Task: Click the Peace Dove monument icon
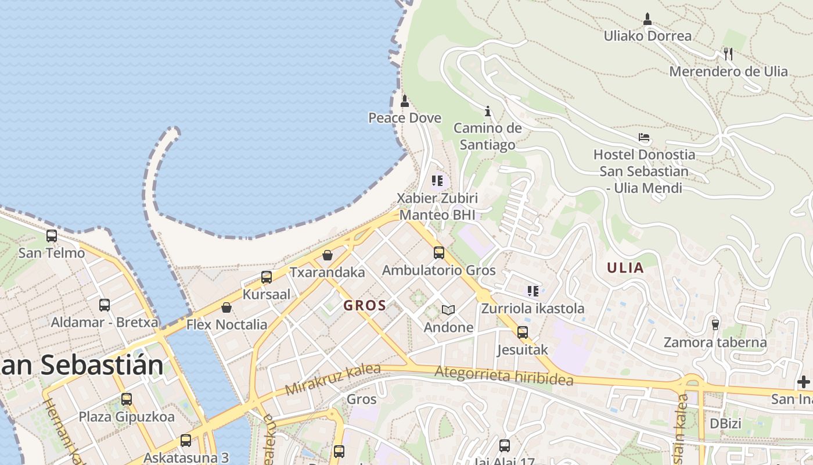[405, 101]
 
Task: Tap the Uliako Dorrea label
[647, 36]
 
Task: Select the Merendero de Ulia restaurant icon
[728, 54]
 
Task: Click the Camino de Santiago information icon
[488, 110]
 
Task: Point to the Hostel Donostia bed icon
[643, 138]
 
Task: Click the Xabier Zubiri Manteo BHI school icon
[437, 180]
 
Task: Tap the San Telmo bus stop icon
[52, 236]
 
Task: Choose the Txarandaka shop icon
[328, 255]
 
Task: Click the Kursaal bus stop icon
[267, 277]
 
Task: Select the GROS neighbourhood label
[365, 306]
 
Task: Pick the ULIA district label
[625, 268]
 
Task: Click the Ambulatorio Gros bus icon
[439, 253]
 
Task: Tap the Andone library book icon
[448, 310]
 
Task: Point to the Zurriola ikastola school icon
[533, 291]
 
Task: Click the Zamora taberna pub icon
[715, 324]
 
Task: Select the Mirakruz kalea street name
[332, 379]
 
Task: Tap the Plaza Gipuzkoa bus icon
[127, 399]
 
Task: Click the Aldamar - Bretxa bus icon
[105, 305]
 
